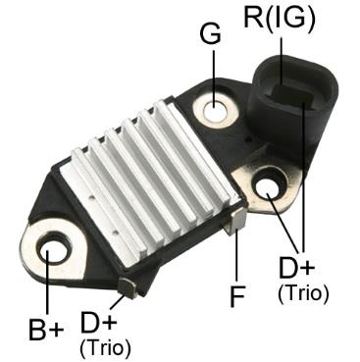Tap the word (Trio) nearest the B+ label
[104, 346]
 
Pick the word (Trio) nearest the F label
[303, 292]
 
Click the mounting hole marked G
[216, 111]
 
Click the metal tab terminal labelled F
[235, 223]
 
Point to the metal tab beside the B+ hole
[126, 285]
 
